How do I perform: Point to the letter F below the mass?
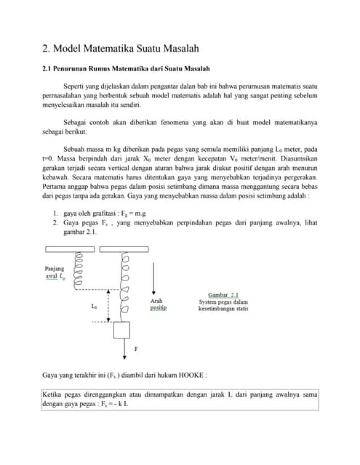(135, 349)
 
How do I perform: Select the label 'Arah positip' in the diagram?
(158, 304)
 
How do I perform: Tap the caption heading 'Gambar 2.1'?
(224, 296)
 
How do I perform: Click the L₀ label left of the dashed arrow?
(95, 307)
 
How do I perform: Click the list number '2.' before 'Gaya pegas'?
(55, 224)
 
